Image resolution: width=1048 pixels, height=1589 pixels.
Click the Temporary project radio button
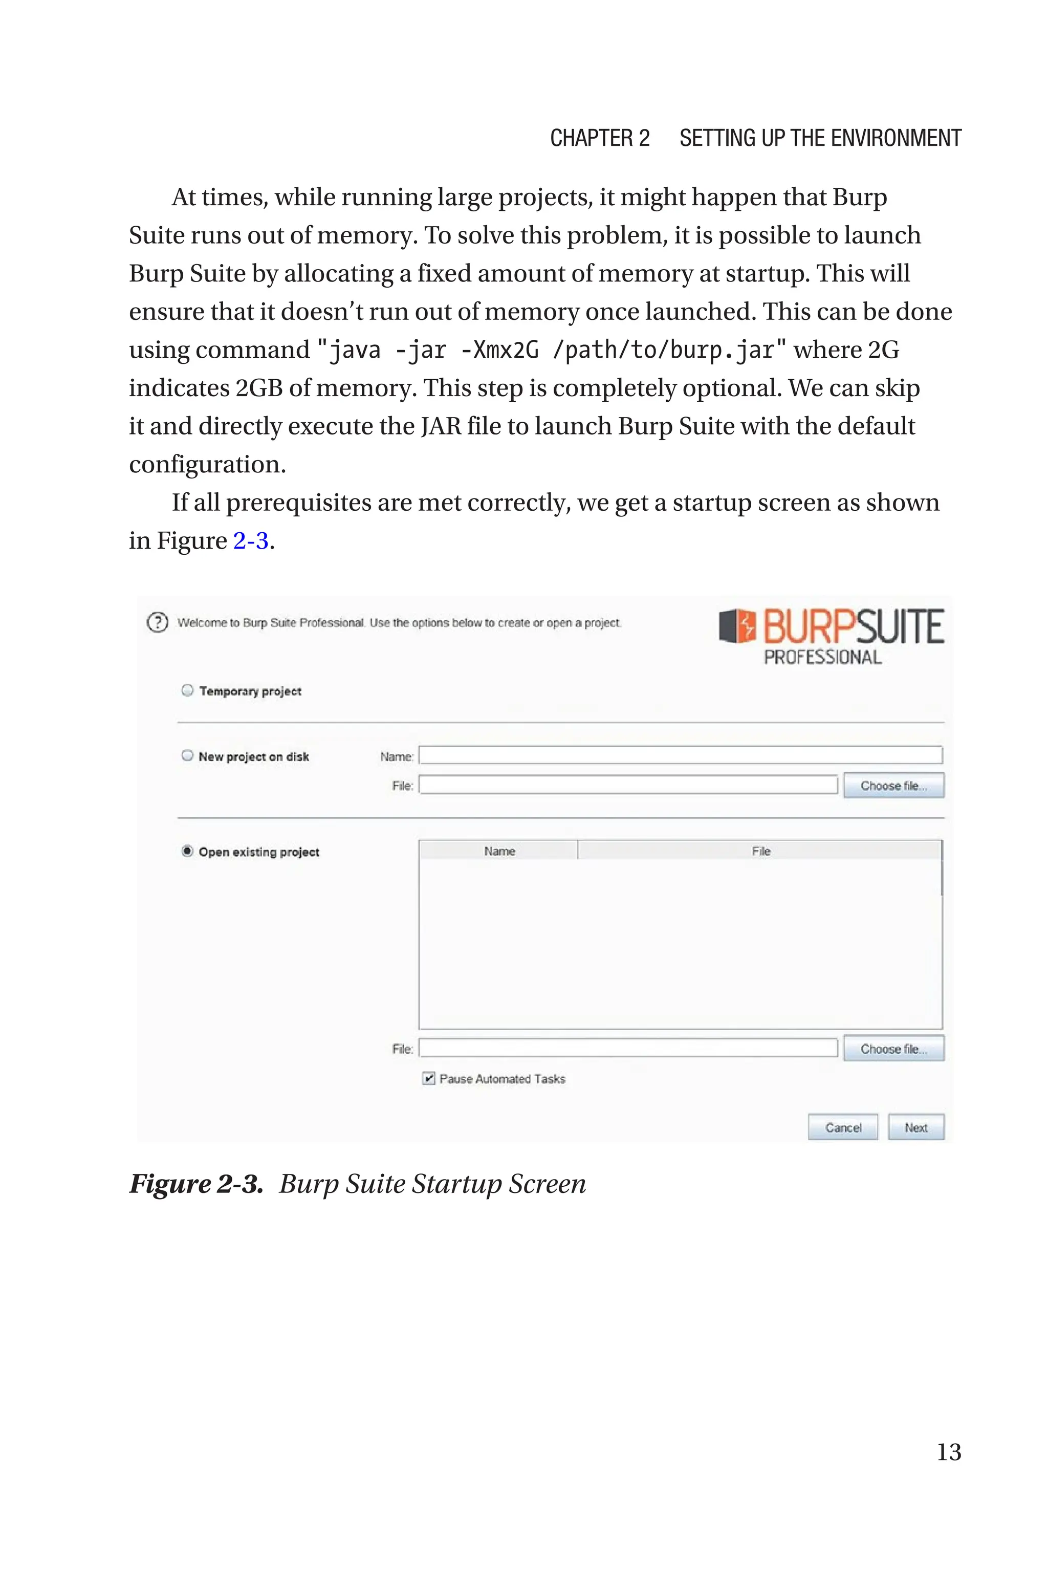point(187,690)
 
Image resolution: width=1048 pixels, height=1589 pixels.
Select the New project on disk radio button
point(187,756)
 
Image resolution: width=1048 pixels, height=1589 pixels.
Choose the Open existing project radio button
point(187,851)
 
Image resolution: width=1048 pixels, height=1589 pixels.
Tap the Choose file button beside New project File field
point(893,786)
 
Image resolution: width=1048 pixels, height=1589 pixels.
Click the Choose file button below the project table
point(893,1049)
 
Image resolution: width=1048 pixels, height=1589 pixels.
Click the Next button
point(915,1127)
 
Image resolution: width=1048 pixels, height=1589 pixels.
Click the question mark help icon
point(157,622)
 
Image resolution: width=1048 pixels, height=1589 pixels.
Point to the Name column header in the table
point(499,851)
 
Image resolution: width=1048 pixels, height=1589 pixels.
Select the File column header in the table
point(760,851)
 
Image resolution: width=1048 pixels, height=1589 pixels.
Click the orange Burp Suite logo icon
point(737,626)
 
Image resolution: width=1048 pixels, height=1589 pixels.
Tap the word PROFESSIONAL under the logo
point(822,658)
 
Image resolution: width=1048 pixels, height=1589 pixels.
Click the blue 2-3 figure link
point(251,540)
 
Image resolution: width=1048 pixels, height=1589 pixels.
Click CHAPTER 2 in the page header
point(600,138)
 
